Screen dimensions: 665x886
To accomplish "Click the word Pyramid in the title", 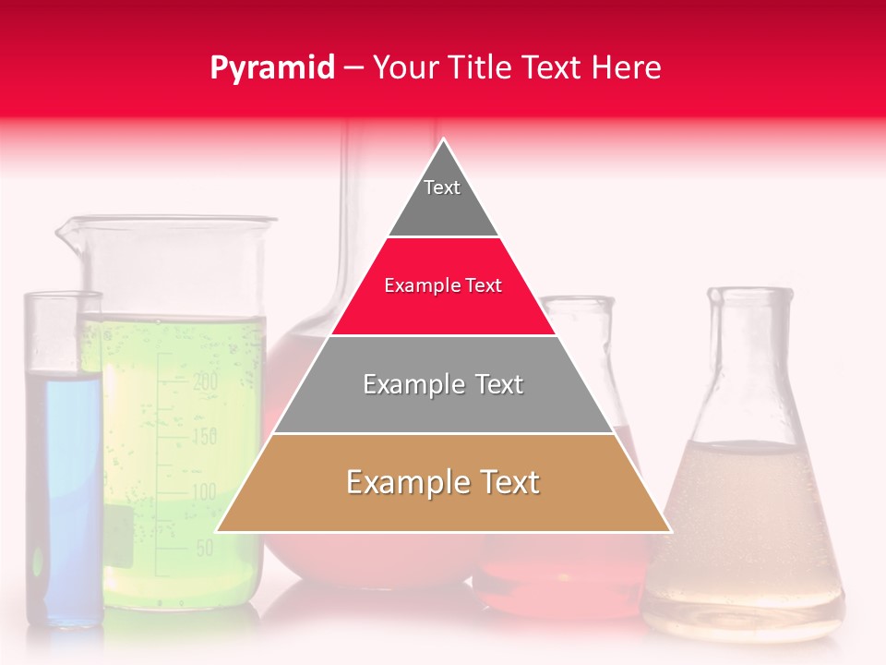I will [x=271, y=68].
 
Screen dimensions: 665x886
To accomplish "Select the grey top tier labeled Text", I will [x=442, y=199].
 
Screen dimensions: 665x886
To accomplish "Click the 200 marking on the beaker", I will [x=204, y=380].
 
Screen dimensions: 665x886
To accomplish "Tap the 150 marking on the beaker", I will [x=204, y=436].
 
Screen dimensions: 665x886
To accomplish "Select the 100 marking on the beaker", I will [x=203, y=491].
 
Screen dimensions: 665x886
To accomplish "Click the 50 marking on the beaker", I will [x=205, y=548].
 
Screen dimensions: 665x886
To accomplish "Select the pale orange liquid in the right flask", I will [x=743, y=526].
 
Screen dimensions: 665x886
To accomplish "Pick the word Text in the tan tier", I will [x=507, y=482].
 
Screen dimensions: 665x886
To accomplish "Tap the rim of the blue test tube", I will [x=63, y=296].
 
